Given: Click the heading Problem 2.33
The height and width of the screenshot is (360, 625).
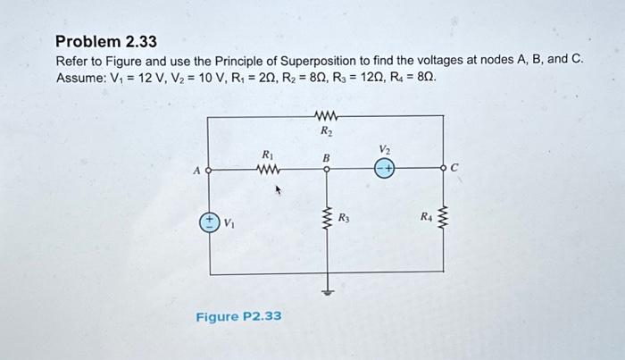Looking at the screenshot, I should tap(106, 41).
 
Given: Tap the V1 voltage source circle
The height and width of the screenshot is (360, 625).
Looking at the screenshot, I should tap(209, 222).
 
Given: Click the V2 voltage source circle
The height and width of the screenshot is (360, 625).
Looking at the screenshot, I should tap(385, 168).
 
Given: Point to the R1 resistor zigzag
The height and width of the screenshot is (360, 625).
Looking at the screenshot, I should tap(268, 168).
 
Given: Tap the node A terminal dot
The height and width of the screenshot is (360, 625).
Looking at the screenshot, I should tap(208, 168).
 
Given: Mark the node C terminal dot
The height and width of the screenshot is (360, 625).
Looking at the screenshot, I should tap(444, 168).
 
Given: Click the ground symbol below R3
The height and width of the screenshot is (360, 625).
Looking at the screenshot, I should tap(327, 289).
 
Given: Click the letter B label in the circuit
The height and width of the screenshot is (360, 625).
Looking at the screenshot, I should tap(326, 157).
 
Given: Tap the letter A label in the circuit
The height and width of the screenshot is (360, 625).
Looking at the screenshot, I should tap(196, 168).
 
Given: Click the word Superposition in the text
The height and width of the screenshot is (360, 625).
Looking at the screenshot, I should tap(323, 60).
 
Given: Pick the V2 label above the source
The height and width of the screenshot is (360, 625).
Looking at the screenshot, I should tap(385, 148).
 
